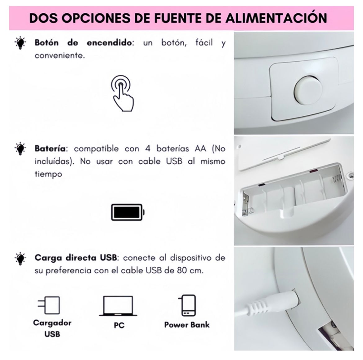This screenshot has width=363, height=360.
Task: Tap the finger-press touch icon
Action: click(x=122, y=93)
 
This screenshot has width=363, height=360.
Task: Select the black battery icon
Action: click(x=128, y=212)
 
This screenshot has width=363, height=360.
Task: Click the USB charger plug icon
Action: click(x=49, y=305)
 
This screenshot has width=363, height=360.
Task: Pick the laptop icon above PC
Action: click(x=118, y=306)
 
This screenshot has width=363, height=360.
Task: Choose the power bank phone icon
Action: click(x=187, y=305)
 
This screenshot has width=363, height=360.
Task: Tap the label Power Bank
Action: click(x=187, y=325)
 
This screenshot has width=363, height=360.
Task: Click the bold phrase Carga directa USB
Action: click(x=76, y=257)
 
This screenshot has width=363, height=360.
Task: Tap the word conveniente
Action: click(x=60, y=56)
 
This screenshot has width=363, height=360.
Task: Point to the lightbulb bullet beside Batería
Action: click(x=20, y=149)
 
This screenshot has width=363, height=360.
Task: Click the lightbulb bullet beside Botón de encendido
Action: click(x=20, y=43)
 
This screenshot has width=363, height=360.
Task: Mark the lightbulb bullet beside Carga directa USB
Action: click(x=20, y=258)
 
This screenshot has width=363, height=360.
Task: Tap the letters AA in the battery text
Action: click(x=200, y=148)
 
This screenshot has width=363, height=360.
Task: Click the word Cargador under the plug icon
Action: click(x=52, y=323)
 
